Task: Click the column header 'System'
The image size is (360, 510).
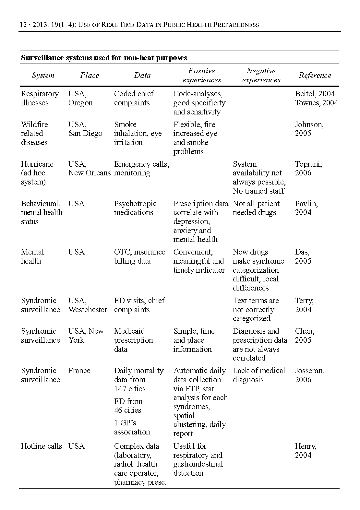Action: [x=43, y=76]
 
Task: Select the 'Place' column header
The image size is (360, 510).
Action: [x=90, y=76]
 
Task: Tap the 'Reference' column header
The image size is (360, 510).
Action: [x=315, y=76]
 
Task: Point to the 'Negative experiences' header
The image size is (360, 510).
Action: [x=261, y=76]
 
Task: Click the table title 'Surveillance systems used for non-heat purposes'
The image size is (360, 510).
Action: [x=104, y=58]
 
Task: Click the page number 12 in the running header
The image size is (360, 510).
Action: [x=23, y=25]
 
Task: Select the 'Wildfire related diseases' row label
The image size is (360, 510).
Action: [x=34, y=133]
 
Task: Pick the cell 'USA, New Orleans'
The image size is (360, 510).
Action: [x=89, y=169]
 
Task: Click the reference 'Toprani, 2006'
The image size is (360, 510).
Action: [x=308, y=169]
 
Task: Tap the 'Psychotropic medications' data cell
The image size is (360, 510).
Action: [x=135, y=208]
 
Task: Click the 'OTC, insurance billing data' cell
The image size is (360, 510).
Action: [x=139, y=256]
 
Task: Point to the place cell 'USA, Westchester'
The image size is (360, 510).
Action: [x=87, y=305]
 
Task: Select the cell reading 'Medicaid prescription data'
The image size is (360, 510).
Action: [x=133, y=340]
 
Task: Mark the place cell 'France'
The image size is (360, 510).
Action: [x=79, y=371]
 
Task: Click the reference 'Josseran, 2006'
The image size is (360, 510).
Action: [x=309, y=375]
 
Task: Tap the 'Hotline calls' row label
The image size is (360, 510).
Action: [x=41, y=446]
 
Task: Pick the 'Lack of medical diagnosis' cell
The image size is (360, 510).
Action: [x=259, y=375]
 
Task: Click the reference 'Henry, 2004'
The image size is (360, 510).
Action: [x=306, y=451]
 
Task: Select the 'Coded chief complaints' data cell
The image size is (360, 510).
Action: [x=134, y=98]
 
